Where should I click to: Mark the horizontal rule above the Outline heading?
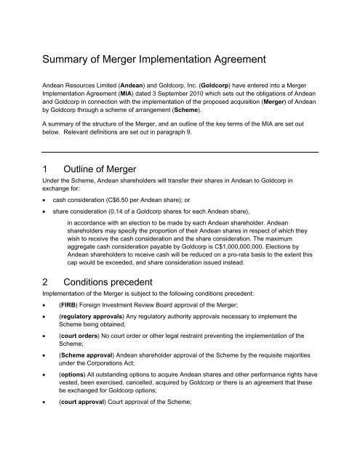click(x=180, y=150)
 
